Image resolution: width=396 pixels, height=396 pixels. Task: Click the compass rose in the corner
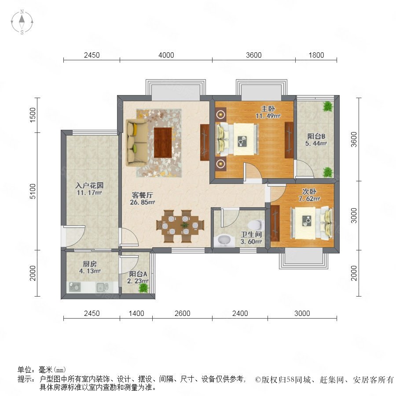[x=22, y=22]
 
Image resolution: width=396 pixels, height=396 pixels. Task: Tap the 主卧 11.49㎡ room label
[x=268, y=112]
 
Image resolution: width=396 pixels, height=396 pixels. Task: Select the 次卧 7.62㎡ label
[x=309, y=195]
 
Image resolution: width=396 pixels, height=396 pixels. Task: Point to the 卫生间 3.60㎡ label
[x=251, y=238]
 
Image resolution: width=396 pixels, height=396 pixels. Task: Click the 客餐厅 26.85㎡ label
[x=143, y=198]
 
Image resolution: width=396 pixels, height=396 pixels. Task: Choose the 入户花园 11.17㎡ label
[x=89, y=189]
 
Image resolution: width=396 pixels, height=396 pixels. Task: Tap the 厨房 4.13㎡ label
[x=90, y=268]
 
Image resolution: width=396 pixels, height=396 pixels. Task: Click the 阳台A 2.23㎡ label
[x=138, y=277]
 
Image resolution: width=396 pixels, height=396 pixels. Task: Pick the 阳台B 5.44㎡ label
[x=316, y=139]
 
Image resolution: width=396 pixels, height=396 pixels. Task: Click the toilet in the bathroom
[x=256, y=224]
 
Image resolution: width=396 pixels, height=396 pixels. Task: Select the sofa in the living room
[x=137, y=143]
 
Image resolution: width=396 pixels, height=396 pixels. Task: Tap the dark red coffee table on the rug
[x=163, y=143]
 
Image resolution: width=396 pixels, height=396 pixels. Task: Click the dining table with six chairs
[x=180, y=226]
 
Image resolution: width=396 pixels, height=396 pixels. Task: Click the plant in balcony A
[x=143, y=288]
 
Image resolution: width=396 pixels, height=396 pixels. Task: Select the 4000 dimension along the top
[x=166, y=55]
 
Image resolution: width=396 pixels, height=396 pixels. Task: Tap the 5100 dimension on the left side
[x=33, y=191]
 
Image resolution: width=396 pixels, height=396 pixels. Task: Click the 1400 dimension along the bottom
[x=136, y=313]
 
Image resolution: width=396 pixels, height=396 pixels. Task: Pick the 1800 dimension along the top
[x=316, y=55]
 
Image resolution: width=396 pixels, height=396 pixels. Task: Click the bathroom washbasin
[x=223, y=241]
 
